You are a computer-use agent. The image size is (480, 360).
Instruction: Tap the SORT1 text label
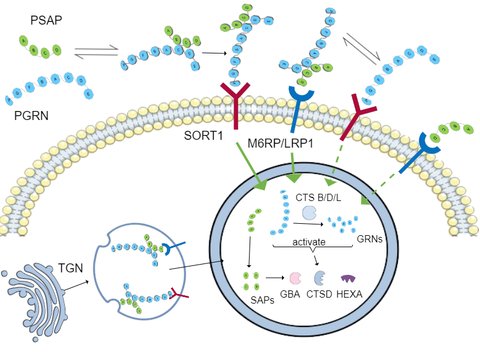pos(203,137)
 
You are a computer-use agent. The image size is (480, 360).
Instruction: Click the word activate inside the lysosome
pos(309,241)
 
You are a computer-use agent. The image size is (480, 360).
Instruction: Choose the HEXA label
pos(350,295)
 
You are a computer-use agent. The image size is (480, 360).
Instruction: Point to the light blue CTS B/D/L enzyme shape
pos(309,212)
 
